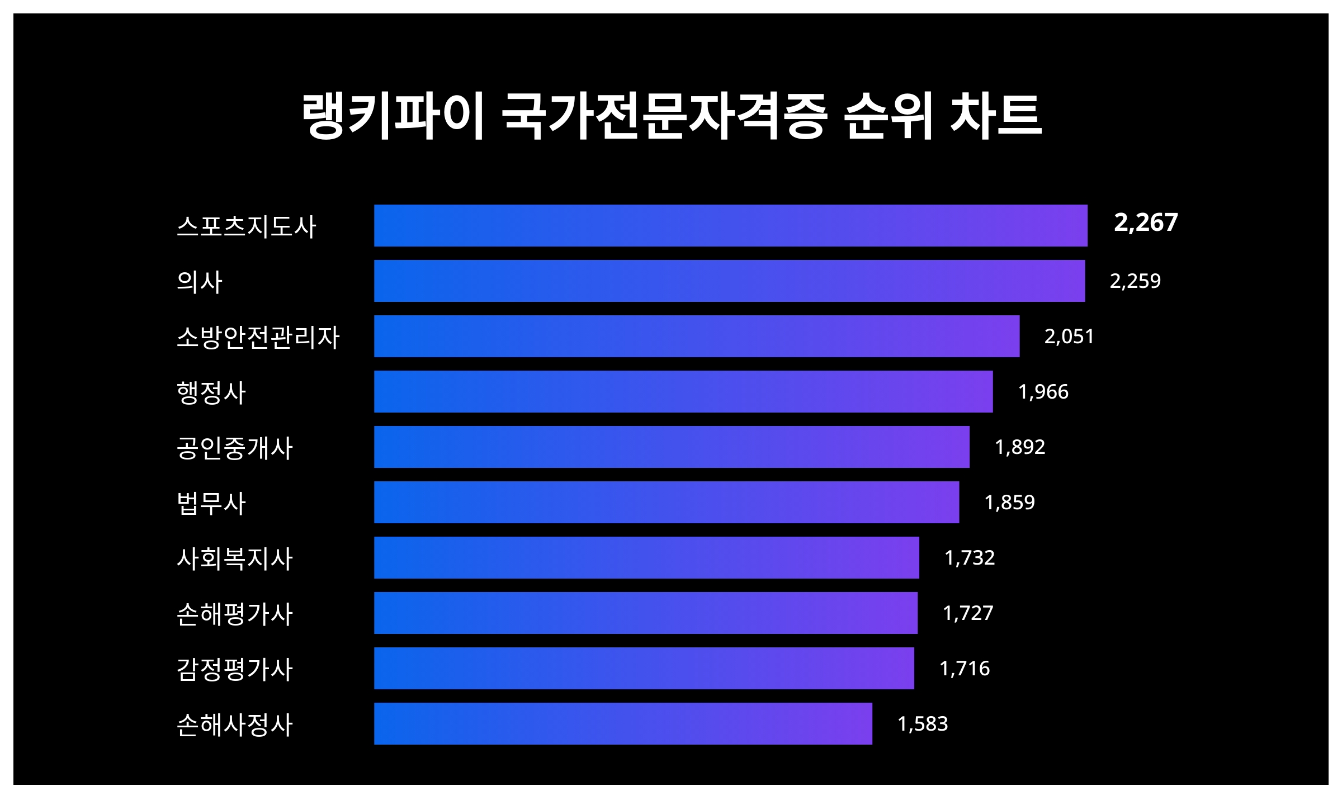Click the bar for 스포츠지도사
click(730, 225)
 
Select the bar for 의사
click(729, 281)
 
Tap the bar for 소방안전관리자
click(697, 336)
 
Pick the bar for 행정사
click(683, 391)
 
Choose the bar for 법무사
click(667, 502)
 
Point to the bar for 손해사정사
click(623, 723)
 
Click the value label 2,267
click(1146, 222)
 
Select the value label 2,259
click(1135, 281)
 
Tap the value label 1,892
click(1020, 447)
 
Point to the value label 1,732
click(970, 557)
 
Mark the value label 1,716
click(965, 668)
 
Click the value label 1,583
click(923, 723)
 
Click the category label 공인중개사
click(235, 448)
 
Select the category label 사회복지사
click(235, 558)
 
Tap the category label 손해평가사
click(235, 614)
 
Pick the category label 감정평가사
click(235, 669)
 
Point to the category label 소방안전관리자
click(258, 337)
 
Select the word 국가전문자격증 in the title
click(664, 116)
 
